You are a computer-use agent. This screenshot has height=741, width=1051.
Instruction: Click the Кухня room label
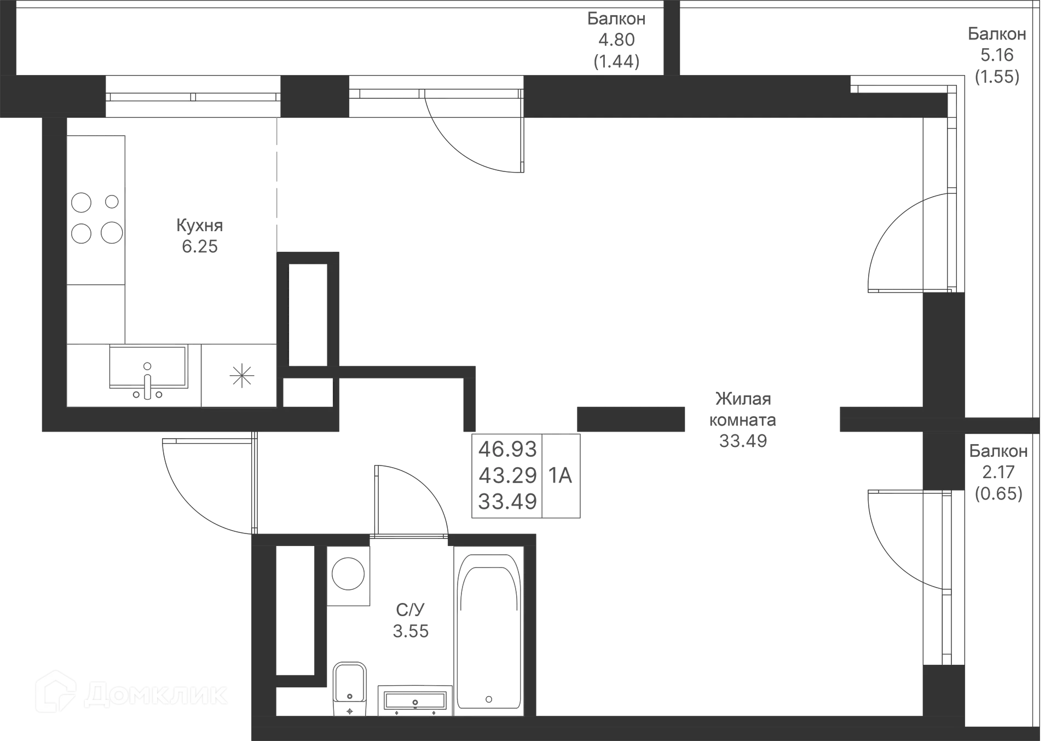[199, 225]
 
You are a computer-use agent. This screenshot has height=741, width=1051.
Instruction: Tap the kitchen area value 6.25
[199, 246]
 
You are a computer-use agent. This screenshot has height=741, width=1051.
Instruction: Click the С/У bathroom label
[410, 609]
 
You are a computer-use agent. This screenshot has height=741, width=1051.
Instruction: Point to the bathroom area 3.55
[411, 631]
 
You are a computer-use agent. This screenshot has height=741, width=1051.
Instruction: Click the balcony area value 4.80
[616, 40]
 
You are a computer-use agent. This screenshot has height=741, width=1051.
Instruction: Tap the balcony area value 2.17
[998, 472]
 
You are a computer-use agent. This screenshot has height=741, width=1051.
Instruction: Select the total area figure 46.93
[508, 449]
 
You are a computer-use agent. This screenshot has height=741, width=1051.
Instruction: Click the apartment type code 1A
[561, 476]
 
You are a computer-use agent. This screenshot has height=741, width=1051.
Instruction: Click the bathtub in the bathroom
[488, 630]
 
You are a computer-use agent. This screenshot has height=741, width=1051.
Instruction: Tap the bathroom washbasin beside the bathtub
[415, 700]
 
